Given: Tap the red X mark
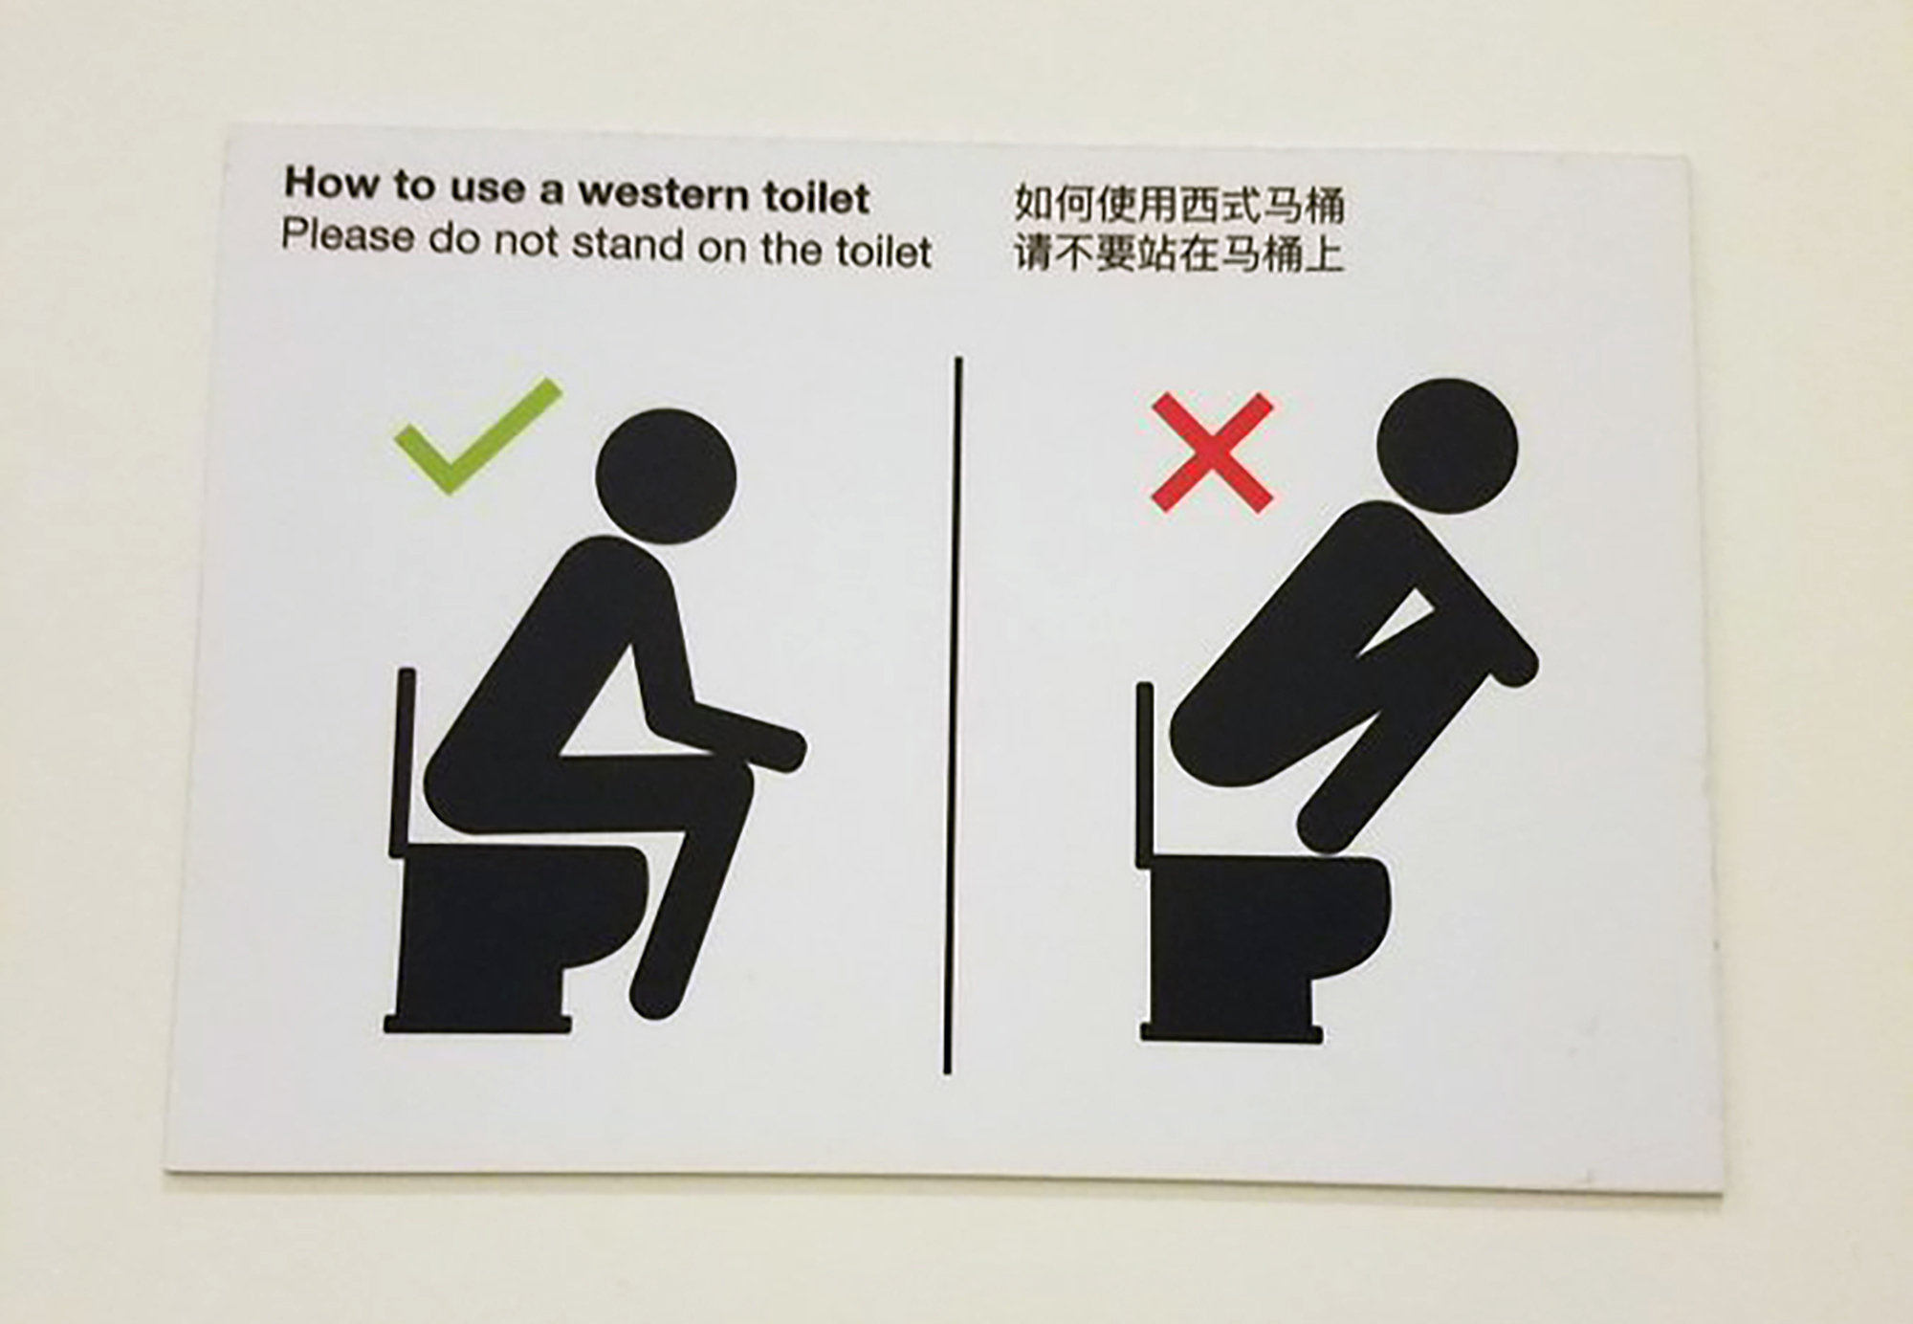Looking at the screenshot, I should [x=1212, y=452].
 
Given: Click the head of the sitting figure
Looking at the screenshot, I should [x=666, y=477].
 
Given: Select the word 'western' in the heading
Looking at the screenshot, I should [x=663, y=194].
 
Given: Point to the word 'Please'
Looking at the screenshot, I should [x=347, y=236].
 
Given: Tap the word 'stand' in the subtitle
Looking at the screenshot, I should [x=627, y=245].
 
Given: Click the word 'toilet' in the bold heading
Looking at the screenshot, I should [x=816, y=198].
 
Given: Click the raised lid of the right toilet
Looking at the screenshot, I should [x=1144, y=775].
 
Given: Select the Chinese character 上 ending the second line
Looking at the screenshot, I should [x=1324, y=254].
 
